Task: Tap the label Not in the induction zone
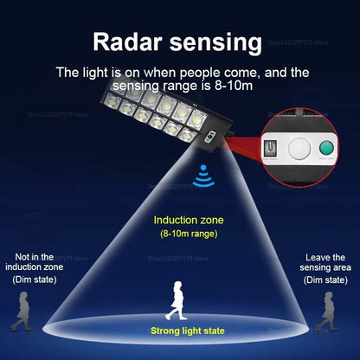[x=38, y=262]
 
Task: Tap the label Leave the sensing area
[x=325, y=262]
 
